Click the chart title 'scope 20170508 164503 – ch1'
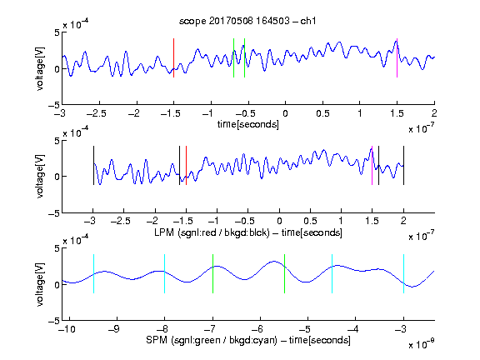coord(247,21)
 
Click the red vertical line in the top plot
coord(173,57)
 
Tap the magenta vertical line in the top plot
coord(397,57)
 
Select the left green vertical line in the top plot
coord(233,57)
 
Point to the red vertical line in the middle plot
coord(186,166)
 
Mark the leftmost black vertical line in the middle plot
coord(93,166)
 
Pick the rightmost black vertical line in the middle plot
coord(403,166)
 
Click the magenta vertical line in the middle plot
coord(372,166)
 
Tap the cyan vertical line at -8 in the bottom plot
coord(165,273)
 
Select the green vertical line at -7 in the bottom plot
coord(212,273)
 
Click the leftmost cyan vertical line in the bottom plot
coord(93,273)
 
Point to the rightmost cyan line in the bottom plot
coord(403,273)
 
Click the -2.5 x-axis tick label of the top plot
coord(97,113)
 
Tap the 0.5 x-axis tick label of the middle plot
coord(310,221)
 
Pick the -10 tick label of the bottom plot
coord(67,329)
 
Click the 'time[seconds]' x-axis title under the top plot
coord(248,124)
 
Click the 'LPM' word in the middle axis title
coord(164,232)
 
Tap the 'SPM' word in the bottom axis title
coord(157,340)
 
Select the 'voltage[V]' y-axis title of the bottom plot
coord(40,284)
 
